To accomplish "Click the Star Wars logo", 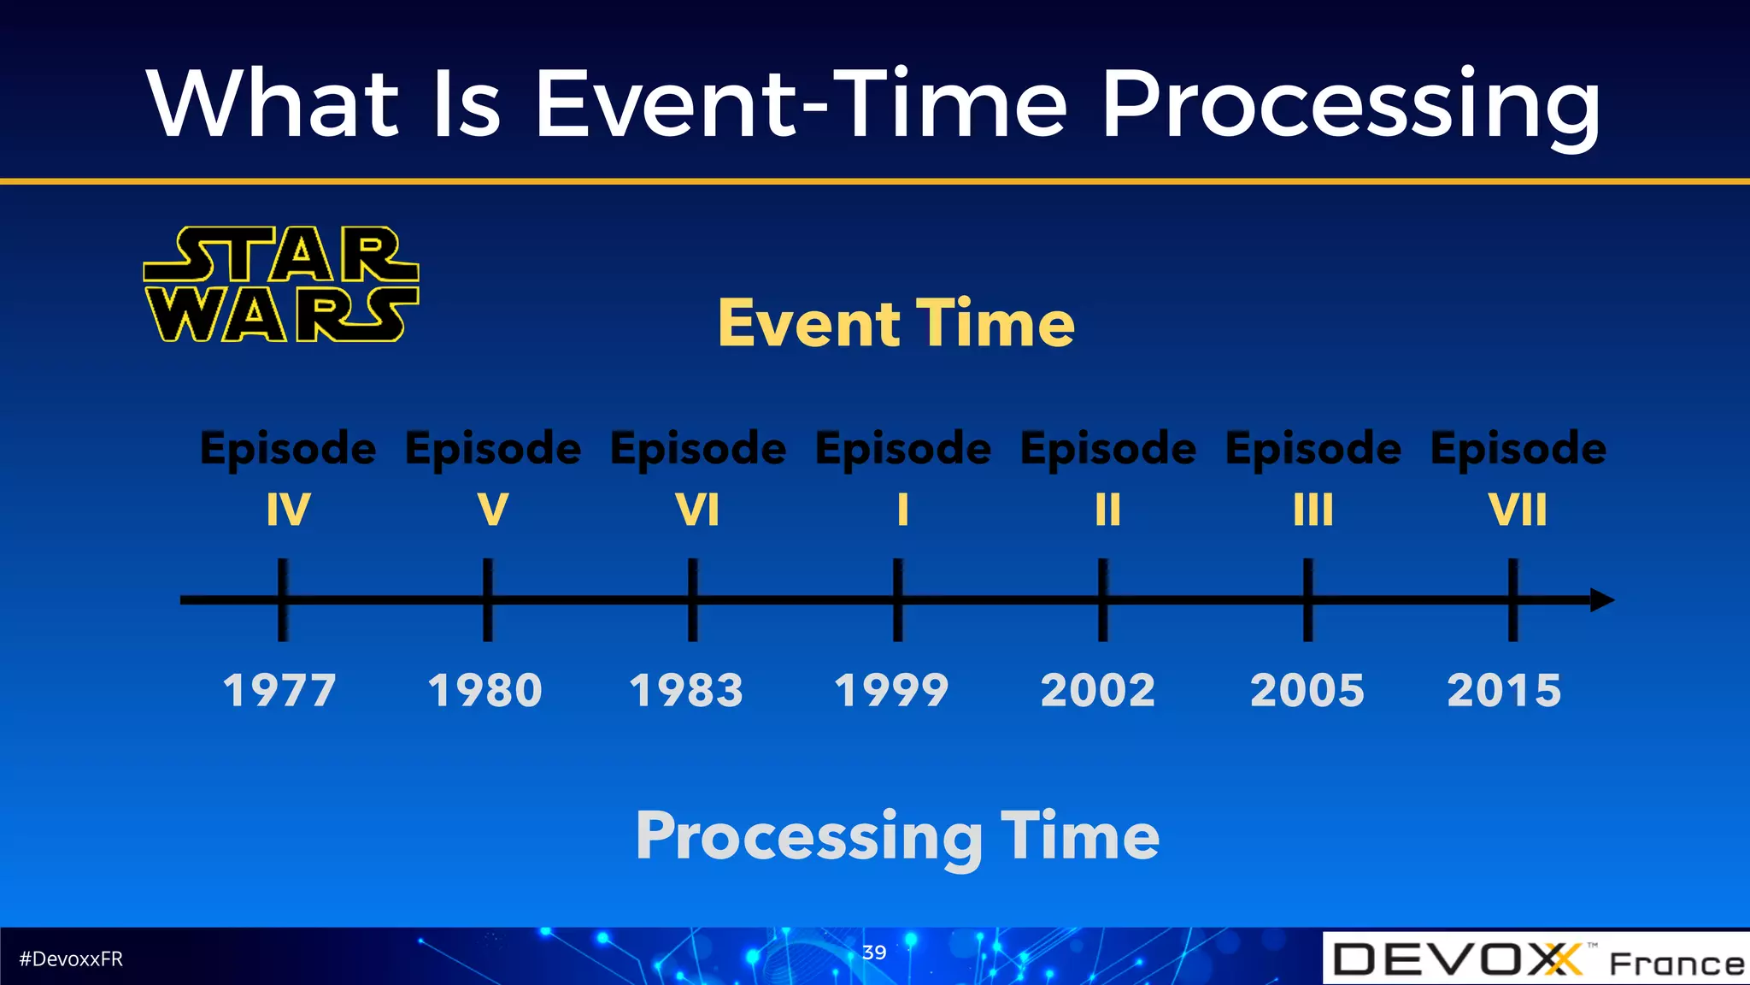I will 281,285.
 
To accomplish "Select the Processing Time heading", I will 897,836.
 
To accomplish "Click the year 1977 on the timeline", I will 279,690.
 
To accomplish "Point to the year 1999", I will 891,690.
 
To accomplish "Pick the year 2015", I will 1504,690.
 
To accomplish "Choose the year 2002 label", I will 1098,690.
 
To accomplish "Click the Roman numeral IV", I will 288,510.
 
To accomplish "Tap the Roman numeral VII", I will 1518,510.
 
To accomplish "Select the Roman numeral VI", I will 697,510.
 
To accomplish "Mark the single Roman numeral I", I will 902,510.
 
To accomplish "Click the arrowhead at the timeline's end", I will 1602,600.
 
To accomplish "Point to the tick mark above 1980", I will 487,599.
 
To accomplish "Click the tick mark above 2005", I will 1307,599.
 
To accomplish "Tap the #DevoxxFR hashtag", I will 71,958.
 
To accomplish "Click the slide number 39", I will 874,952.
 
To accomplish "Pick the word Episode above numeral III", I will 1312,449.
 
